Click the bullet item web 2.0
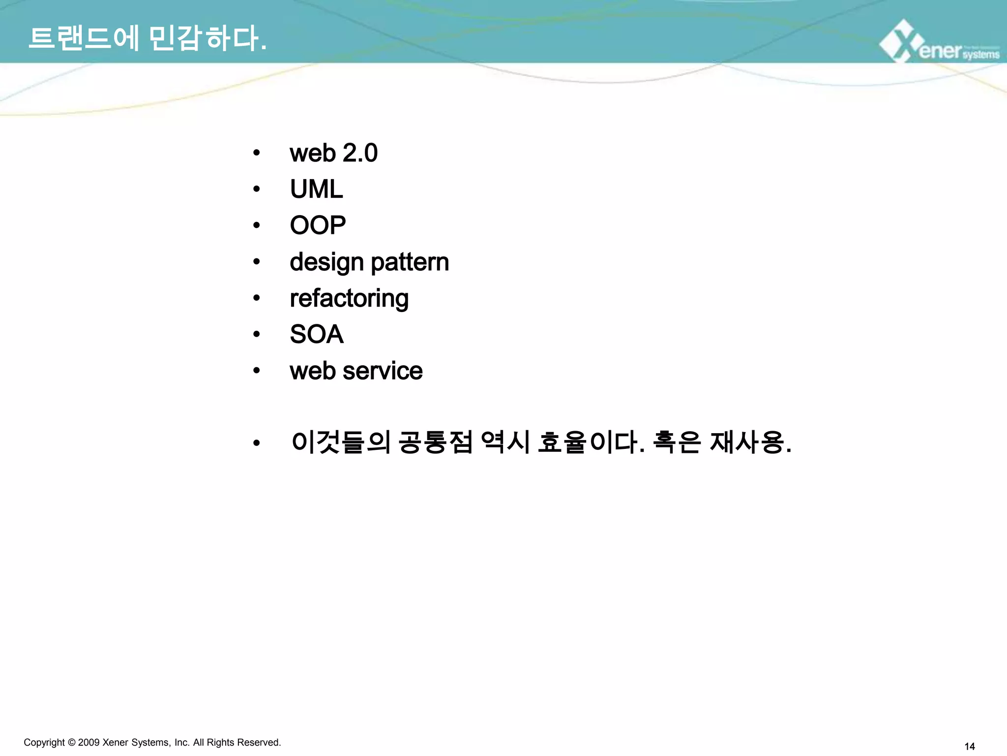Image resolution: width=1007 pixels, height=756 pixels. coord(333,153)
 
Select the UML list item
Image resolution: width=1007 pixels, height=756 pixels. coord(316,189)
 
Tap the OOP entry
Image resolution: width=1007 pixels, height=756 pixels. coord(318,225)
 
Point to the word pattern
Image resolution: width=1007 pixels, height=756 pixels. coord(410,262)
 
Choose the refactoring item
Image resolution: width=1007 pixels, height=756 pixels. coord(349,299)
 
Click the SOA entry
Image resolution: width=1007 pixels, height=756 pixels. coord(316,335)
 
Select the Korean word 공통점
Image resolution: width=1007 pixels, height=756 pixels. coord(435,442)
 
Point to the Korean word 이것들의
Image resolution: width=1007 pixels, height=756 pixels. coord(341,442)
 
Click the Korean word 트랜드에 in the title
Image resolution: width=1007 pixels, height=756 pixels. coord(84,38)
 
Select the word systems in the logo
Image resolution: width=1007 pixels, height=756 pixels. coord(981,54)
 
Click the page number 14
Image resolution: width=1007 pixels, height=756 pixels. coord(970,747)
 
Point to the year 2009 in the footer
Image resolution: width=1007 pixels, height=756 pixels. coord(89,742)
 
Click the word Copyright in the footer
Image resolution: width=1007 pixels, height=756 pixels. coord(44,742)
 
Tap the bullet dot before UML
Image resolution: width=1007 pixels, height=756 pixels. coord(256,189)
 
